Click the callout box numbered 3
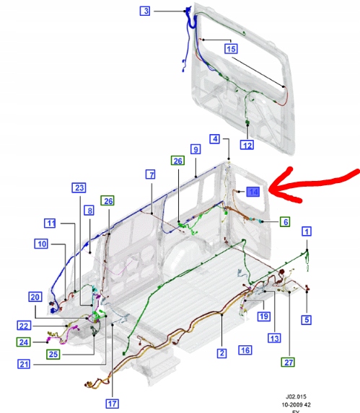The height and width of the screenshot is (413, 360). pos(146,11)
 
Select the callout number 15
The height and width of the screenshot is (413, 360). pos(230,49)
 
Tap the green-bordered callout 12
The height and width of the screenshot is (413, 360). pos(247,145)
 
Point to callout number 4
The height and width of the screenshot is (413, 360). pos(215,138)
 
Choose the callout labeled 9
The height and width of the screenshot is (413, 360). pos(195,149)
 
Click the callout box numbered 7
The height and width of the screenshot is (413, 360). pos(150,174)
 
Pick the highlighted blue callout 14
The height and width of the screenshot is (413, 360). pos(253,192)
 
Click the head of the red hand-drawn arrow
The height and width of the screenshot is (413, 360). pos(273,191)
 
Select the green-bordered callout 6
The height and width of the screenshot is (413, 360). pos(285,222)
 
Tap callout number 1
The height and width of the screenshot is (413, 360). pos(307,231)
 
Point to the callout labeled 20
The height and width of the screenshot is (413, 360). pos(35,297)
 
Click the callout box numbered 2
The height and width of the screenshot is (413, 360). pos(222,353)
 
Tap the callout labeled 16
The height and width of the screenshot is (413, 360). pos(245,350)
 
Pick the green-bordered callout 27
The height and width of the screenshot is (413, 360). pos(289,362)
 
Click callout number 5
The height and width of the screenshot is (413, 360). pos(307,319)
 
